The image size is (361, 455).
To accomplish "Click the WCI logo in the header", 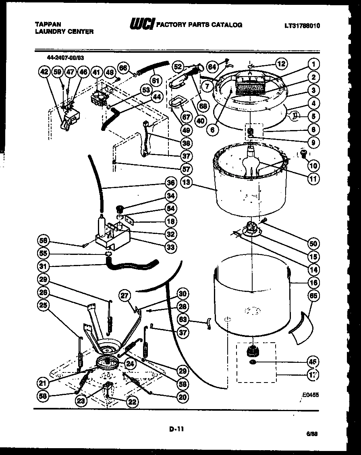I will coord(141,25).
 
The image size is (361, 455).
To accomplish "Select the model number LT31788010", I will coord(302,26).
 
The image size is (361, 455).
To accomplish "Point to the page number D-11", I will coord(176,429).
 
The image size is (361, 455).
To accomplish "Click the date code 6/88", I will coord(312,434).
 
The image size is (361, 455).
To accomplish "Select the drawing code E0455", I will coord(310,395).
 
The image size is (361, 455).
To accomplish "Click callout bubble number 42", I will coord(45,72).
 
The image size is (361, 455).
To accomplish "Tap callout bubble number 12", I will coord(281,63).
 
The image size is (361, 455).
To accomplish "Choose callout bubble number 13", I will coord(186,182).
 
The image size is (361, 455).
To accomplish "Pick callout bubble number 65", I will coord(313,296).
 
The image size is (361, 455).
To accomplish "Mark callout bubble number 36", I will coord(171,183).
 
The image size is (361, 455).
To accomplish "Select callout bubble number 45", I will coord(313,361).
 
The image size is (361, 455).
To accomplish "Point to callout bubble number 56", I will coord(43,240).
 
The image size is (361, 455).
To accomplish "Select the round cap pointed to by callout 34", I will coord(119,209).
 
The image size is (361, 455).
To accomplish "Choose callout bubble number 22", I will coord(131,401).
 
